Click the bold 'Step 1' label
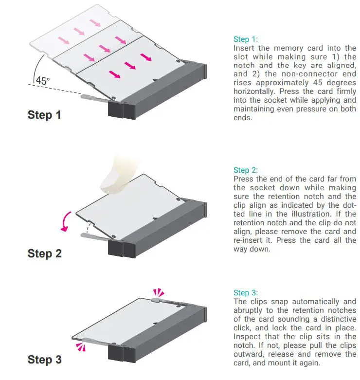click(x=45, y=115)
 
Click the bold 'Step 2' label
click(x=45, y=253)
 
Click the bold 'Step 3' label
click(x=45, y=360)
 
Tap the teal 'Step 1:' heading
click(x=246, y=39)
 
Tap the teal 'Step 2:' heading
click(x=246, y=170)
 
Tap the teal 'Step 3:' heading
click(x=246, y=293)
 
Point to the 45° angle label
click(x=42, y=82)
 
